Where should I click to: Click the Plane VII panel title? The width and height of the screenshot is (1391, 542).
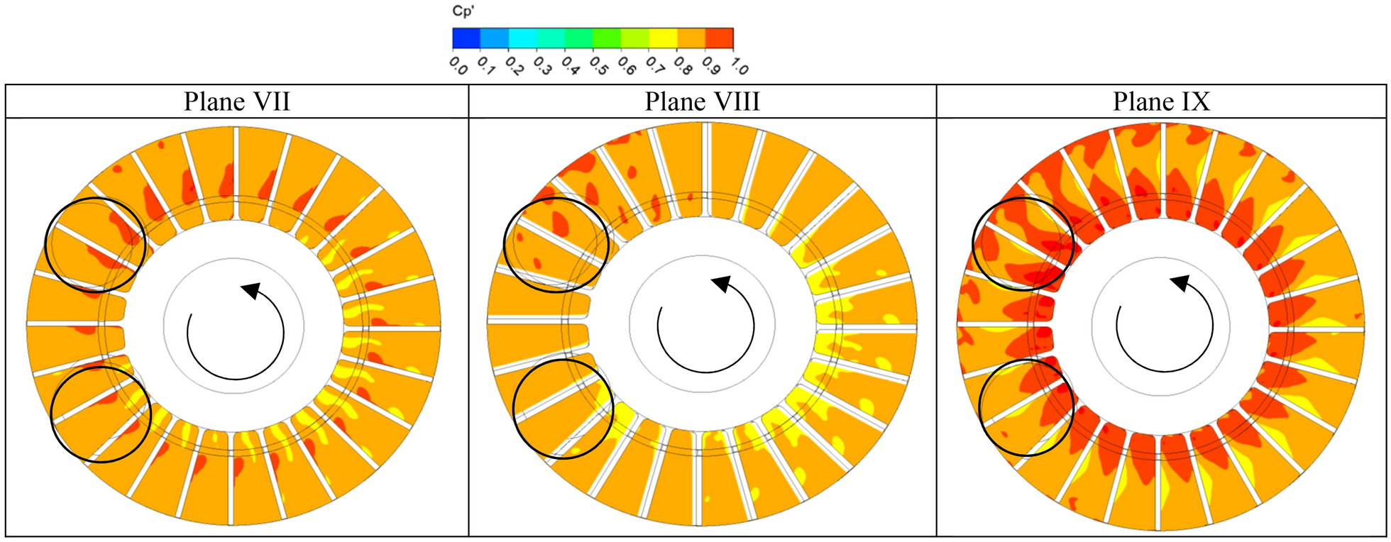pyautogui.click(x=237, y=101)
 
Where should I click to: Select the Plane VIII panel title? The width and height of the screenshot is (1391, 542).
pyautogui.click(x=703, y=101)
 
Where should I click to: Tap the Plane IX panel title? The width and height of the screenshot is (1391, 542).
pyautogui.click(x=1161, y=101)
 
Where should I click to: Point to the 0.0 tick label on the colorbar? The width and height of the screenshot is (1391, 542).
pyautogui.click(x=458, y=65)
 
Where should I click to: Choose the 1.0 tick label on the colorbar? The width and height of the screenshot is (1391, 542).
pyautogui.click(x=739, y=65)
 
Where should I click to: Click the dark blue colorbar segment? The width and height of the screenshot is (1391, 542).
pyautogui.click(x=466, y=38)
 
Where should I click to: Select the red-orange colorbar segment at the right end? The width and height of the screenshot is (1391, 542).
pyautogui.click(x=720, y=38)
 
